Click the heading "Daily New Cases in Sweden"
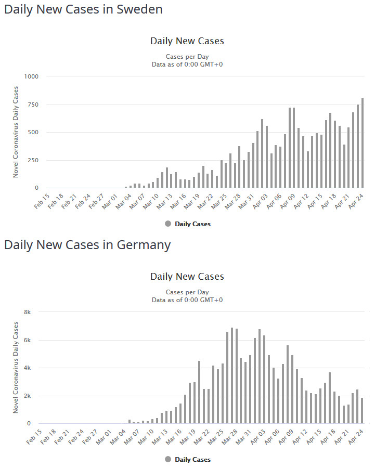coord(83,9)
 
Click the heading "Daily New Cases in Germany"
coord(87,245)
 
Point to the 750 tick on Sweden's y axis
coord(33,105)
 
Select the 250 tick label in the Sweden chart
coord(33,160)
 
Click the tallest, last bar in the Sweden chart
coord(363,143)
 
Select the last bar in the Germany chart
coord(363,411)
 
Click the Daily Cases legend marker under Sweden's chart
coord(168,224)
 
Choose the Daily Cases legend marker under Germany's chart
coord(168,460)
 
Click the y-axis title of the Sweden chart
coord(16,132)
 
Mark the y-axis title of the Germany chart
coord(16,368)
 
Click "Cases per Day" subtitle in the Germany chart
coord(187,292)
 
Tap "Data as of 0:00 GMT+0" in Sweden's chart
coord(187,64)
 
